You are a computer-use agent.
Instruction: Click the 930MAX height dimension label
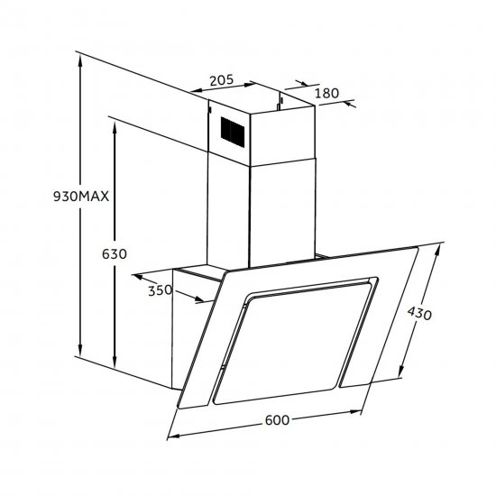81,197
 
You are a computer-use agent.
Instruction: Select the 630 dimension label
115,254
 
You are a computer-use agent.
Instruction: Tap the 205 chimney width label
222,80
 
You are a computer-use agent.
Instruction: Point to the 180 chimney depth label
326,93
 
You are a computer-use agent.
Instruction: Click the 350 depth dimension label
160,290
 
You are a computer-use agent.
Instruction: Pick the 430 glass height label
419,314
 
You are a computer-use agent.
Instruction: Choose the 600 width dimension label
277,420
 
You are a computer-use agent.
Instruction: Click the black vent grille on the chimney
233,132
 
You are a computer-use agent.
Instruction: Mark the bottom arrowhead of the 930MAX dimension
80,351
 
